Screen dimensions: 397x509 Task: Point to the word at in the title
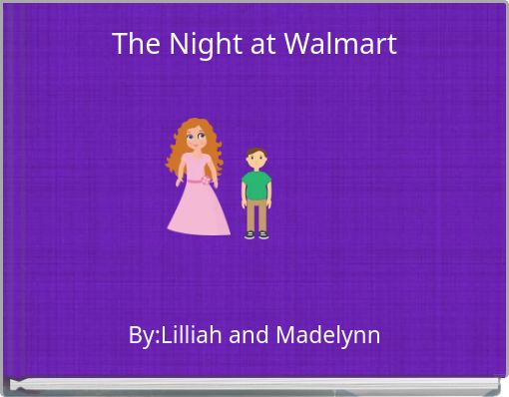coord(262,44)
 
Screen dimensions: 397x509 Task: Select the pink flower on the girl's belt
coord(207,182)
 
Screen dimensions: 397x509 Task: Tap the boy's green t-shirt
coord(256,185)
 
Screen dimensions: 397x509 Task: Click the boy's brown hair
coord(256,152)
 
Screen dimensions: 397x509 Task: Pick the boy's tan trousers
coord(256,213)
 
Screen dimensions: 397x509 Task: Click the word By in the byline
coord(141,335)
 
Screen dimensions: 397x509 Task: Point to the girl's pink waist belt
coord(194,181)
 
